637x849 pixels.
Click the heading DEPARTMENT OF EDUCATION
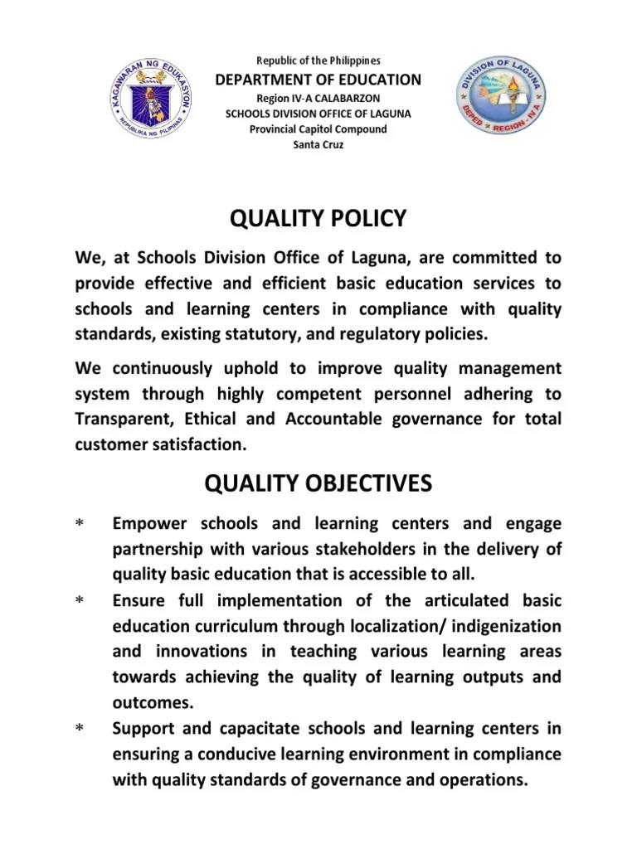click(x=318, y=80)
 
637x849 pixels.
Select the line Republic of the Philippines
click(x=318, y=61)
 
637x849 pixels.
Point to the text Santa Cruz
click(x=318, y=144)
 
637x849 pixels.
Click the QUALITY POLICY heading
click(x=318, y=219)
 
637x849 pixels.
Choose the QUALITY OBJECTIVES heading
click(x=318, y=483)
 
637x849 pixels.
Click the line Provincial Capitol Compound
click(x=318, y=129)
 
